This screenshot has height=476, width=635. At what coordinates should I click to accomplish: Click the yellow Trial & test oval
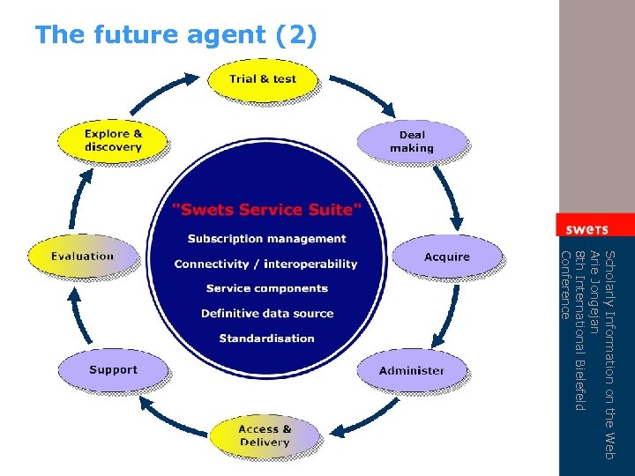tap(262, 79)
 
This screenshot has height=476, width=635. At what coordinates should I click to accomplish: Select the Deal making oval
tap(411, 141)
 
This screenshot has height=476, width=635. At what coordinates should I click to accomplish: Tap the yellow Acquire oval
tap(446, 257)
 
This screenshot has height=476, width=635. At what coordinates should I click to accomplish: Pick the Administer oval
tap(411, 370)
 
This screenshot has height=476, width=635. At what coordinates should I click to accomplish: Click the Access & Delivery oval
tap(265, 435)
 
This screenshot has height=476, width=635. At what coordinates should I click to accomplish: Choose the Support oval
tap(113, 370)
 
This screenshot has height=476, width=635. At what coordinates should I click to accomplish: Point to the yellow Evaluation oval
tap(82, 257)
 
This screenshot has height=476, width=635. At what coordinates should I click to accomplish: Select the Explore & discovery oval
tap(112, 141)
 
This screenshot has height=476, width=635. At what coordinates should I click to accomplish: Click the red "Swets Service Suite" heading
tap(266, 209)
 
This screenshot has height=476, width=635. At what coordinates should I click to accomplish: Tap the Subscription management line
tap(266, 239)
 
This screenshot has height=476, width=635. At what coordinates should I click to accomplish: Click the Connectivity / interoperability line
tap(266, 264)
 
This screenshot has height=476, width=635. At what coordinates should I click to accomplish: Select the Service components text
tap(266, 288)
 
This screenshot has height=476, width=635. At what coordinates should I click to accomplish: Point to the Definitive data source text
tap(266, 313)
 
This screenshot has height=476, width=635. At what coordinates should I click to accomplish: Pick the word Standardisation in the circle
tap(266, 338)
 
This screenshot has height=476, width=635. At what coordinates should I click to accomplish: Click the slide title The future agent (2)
tap(176, 35)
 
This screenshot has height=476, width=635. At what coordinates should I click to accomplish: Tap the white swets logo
tap(586, 228)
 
